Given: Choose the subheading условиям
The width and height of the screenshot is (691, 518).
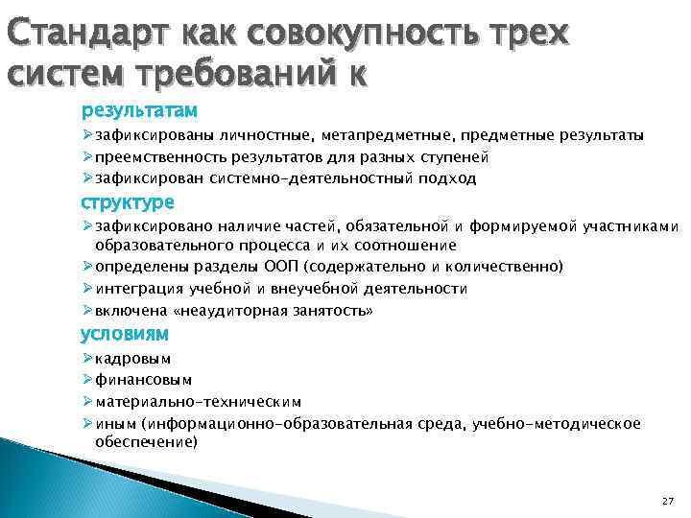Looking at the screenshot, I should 125,334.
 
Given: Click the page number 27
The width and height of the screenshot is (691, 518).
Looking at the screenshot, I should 668,502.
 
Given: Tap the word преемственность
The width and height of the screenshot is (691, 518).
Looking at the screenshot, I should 153,156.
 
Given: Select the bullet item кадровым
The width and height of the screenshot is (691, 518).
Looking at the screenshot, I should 133,358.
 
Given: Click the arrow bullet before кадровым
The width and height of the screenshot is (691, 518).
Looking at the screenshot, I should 87,358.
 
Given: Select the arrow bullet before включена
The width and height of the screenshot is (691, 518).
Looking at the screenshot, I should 87,311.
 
